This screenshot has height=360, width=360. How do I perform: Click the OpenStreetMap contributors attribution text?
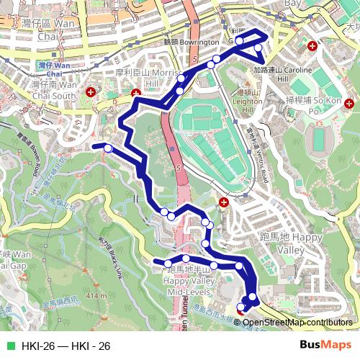(x=297, y=322)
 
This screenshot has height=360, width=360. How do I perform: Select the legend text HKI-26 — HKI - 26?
(x=66, y=346)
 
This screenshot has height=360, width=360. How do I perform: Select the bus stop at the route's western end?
(x=108, y=148)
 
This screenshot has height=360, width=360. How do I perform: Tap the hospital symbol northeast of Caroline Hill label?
(x=312, y=46)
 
